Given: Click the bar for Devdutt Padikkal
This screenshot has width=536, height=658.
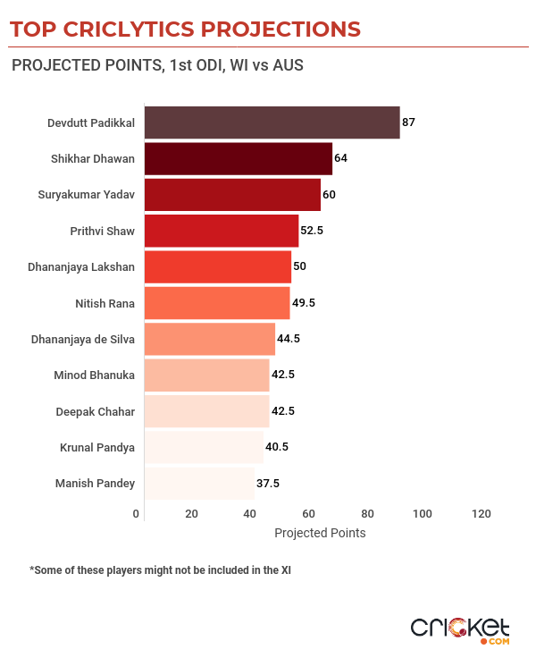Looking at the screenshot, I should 272,122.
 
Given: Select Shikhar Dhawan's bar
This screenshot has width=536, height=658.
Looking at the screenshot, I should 238,158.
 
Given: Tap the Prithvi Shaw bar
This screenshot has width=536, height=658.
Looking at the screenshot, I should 222,231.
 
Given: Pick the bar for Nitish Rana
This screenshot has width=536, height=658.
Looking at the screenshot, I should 217,303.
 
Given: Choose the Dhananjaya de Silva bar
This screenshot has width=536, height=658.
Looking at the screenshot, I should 210,339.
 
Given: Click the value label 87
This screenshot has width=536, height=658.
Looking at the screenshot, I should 408,122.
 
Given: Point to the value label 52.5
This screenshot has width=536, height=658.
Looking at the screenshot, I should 312,231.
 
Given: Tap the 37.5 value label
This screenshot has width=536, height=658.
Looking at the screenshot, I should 268,483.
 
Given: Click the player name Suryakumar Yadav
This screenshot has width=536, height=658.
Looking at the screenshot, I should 87,195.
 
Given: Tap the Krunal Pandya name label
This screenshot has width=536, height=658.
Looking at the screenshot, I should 97,447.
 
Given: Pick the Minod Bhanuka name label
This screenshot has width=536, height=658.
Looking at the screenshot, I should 95,375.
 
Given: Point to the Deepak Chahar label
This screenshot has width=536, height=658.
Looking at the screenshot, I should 96,411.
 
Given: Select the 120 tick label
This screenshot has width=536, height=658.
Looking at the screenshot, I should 482,514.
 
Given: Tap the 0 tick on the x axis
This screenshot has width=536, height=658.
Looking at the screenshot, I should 137,514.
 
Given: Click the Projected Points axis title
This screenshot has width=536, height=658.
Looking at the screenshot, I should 320,533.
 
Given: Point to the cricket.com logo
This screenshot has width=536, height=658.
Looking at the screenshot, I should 460,628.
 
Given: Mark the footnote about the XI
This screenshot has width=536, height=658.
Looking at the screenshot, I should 161,569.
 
